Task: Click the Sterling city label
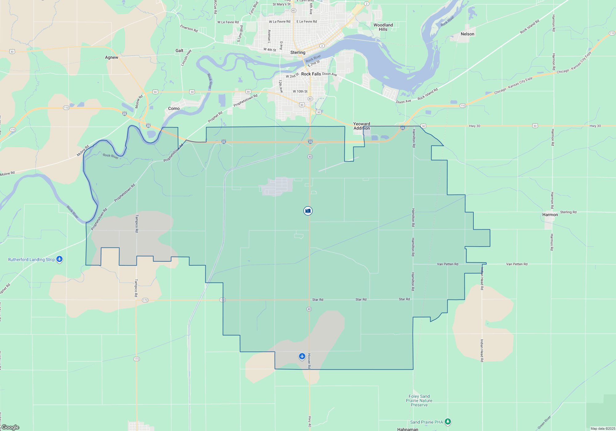[x=298, y=52]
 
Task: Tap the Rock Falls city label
[x=311, y=74]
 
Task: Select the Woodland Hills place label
[x=383, y=27]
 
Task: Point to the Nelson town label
[x=467, y=34]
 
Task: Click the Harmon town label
[x=550, y=215]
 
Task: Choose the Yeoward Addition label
[x=362, y=126]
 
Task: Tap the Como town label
[x=174, y=108]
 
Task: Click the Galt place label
[x=179, y=50]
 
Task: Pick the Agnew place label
[x=111, y=57]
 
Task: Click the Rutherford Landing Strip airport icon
[x=59, y=259]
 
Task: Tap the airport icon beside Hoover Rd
[x=302, y=356]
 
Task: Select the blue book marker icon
[x=308, y=211]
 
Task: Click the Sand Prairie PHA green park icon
[x=448, y=421]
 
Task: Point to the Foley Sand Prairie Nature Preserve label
[x=419, y=401]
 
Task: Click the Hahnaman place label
[x=407, y=429]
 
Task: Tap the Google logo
[x=10, y=427]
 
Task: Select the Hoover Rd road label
[x=309, y=361]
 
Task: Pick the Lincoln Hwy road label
[x=186, y=58]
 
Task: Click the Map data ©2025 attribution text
[x=602, y=429]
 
